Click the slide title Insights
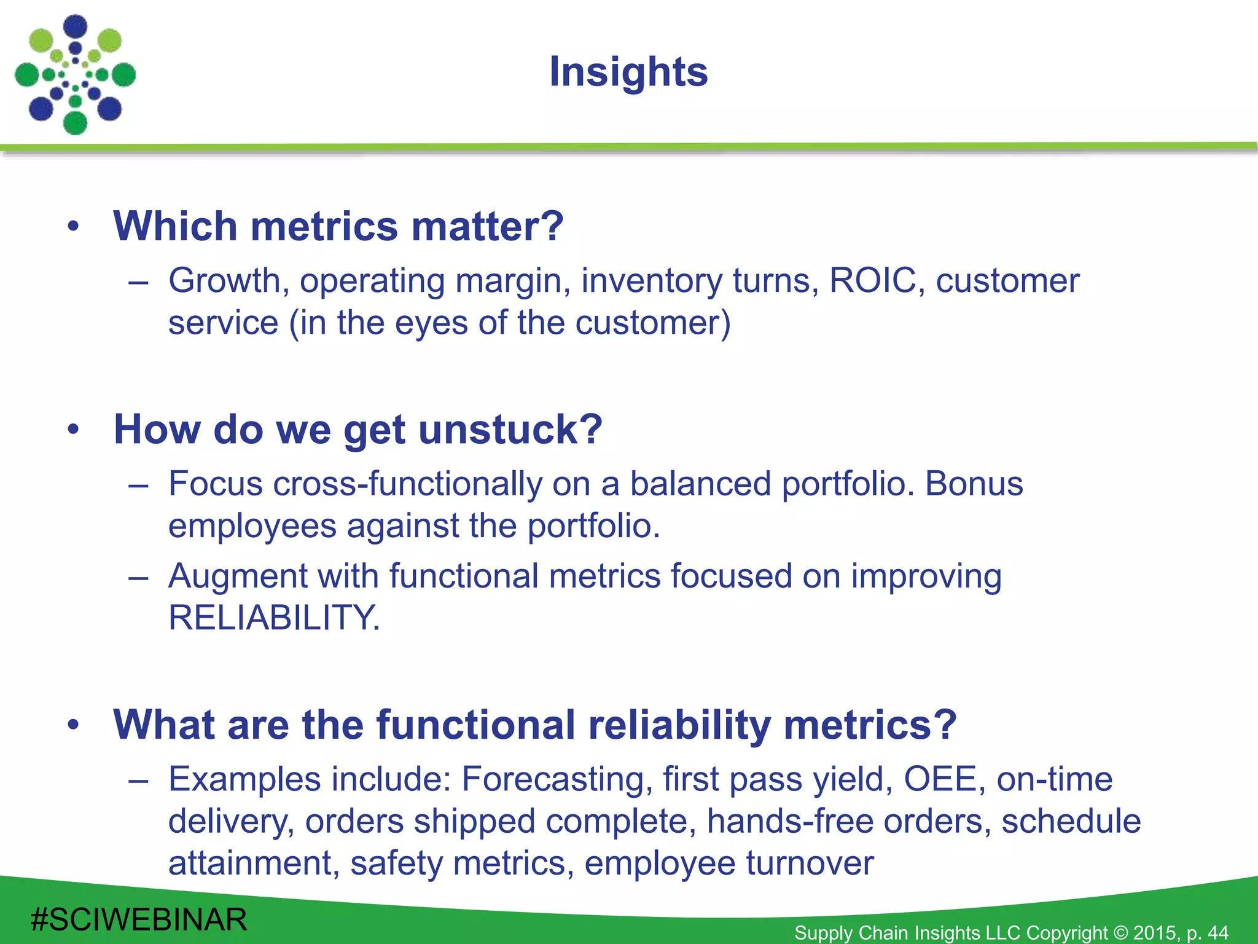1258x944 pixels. coord(628,72)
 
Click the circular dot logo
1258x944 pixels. coord(75,75)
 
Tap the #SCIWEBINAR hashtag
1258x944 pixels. coord(139,920)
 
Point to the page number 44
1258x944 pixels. coord(1217,933)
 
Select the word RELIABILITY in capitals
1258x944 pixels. coord(274,618)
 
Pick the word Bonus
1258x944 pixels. coord(974,484)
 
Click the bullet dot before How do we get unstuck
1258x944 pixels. coord(74,429)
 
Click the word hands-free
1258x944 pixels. coord(790,821)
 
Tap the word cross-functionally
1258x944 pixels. coord(408,484)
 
